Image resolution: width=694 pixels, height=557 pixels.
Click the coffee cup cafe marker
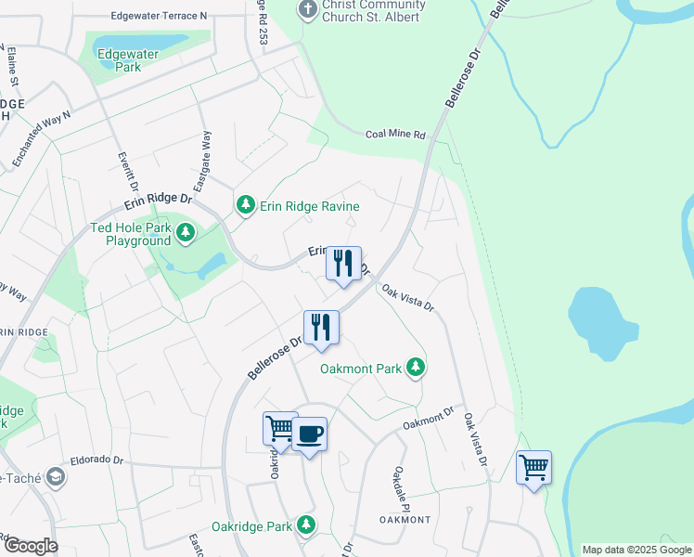(x=309, y=434)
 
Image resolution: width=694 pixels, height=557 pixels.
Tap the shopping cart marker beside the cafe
(x=280, y=429)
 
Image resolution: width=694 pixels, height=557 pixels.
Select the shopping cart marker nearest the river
(x=533, y=468)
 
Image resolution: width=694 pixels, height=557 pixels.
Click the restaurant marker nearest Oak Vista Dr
(x=343, y=264)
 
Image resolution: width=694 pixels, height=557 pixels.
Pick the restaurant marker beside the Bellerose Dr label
(x=321, y=328)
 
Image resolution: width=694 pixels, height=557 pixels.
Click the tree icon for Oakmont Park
(x=416, y=369)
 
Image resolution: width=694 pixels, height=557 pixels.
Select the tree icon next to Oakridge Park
(x=305, y=526)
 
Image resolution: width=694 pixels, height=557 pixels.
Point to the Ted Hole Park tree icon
(x=186, y=233)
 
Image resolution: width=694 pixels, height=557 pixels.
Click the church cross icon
(x=306, y=9)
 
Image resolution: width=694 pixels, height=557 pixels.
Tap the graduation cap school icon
(x=55, y=477)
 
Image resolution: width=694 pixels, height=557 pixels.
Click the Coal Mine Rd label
(x=394, y=134)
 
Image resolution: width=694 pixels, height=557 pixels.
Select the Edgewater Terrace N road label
(x=159, y=16)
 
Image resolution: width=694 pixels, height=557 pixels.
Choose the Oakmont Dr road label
(x=427, y=419)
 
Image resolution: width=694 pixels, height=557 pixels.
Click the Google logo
(x=30, y=546)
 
